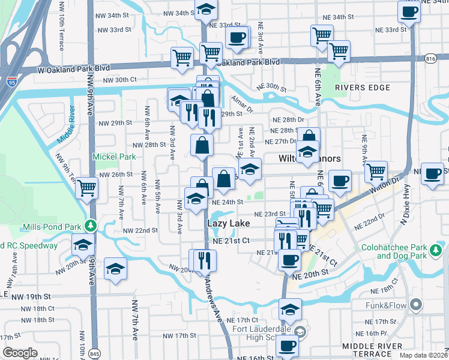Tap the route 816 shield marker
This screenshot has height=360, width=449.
(430, 58)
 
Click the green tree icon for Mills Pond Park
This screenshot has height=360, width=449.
(91, 226)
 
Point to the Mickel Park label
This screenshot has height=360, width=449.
(114, 157)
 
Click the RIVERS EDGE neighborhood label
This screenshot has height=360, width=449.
(363, 88)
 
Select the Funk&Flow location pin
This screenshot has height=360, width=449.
(415, 305)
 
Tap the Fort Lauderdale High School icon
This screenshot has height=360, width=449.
(300, 331)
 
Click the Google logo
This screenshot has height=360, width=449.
(20, 352)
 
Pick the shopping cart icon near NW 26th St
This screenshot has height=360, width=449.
(87, 187)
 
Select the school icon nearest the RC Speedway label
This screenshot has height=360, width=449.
(83, 244)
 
